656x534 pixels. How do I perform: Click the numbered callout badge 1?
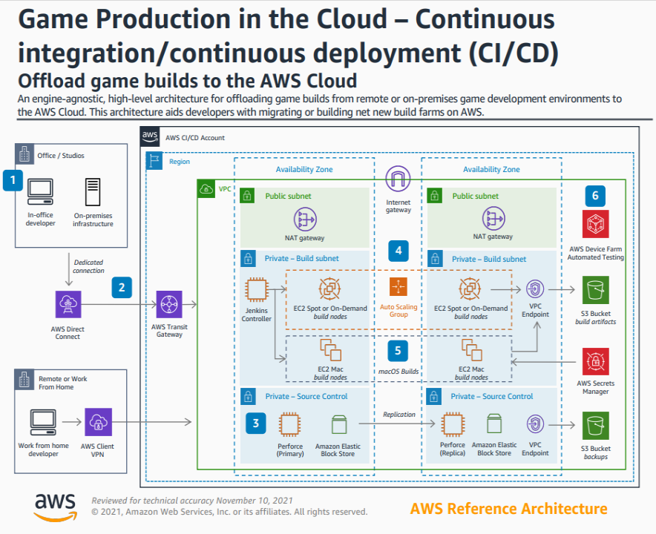[x=12, y=180]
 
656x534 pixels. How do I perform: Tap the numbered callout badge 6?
[x=595, y=196]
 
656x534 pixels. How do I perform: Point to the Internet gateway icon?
[x=398, y=179]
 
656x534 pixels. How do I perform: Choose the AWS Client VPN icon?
[x=98, y=422]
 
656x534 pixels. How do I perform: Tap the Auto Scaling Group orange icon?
[x=398, y=287]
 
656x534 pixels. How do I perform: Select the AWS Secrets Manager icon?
[x=595, y=361]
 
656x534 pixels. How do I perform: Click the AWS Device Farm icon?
[x=595, y=224]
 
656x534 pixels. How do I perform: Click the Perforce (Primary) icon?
[x=291, y=425]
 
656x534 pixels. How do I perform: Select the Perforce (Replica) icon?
[x=453, y=425]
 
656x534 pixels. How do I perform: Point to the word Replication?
[x=398, y=415]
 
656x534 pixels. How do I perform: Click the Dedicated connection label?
[x=88, y=266]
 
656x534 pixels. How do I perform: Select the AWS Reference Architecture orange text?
[x=508, y=509]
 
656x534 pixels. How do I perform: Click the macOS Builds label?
[x=398, y=371]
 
